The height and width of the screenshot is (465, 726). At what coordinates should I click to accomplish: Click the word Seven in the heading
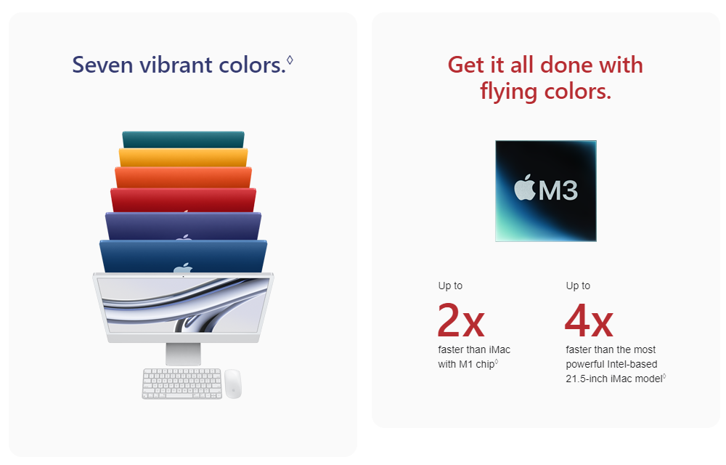102,65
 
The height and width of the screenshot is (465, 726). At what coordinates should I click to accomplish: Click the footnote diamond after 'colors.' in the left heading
290,60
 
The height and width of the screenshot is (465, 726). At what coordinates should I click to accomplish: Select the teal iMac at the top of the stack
184,139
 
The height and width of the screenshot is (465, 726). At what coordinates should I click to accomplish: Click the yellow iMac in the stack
184,158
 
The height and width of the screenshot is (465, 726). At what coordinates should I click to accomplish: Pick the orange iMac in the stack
184,177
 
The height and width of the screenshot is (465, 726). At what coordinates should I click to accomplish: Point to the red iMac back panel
184,200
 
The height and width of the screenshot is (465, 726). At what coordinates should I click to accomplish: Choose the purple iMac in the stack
184,226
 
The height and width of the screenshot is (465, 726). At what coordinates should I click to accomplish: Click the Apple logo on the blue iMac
183,267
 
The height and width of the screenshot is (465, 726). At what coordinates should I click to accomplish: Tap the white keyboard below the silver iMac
182,384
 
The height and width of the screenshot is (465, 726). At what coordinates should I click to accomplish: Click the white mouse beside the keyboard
233,384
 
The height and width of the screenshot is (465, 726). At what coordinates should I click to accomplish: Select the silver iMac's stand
184,355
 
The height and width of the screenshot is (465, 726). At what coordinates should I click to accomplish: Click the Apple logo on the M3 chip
525,187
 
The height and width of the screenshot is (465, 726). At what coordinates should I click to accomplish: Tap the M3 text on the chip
558,190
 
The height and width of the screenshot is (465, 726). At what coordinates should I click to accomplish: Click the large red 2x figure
461,320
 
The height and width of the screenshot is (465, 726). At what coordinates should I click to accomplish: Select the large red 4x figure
589,320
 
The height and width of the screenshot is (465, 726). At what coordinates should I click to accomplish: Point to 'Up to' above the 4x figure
578,286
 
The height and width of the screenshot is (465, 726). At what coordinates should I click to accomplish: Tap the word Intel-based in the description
632,364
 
